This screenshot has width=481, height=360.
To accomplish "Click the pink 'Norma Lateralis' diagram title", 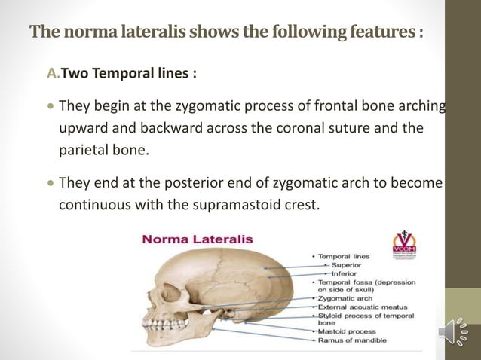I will (x=198, y=239).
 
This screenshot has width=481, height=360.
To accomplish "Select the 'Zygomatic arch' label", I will (x=344, y=298).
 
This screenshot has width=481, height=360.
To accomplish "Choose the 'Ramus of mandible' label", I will (x=350, y=340).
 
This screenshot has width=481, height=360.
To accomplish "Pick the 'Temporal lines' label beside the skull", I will (x=343, y=257).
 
